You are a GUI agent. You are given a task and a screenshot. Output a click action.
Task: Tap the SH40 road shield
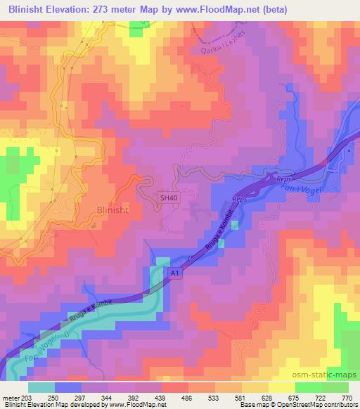pos(169,199)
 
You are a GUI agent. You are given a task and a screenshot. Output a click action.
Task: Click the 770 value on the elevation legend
pos(347,397)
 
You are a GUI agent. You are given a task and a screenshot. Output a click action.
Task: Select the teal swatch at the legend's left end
pos(41,387)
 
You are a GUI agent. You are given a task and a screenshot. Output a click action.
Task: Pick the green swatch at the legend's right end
pos(335,387)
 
